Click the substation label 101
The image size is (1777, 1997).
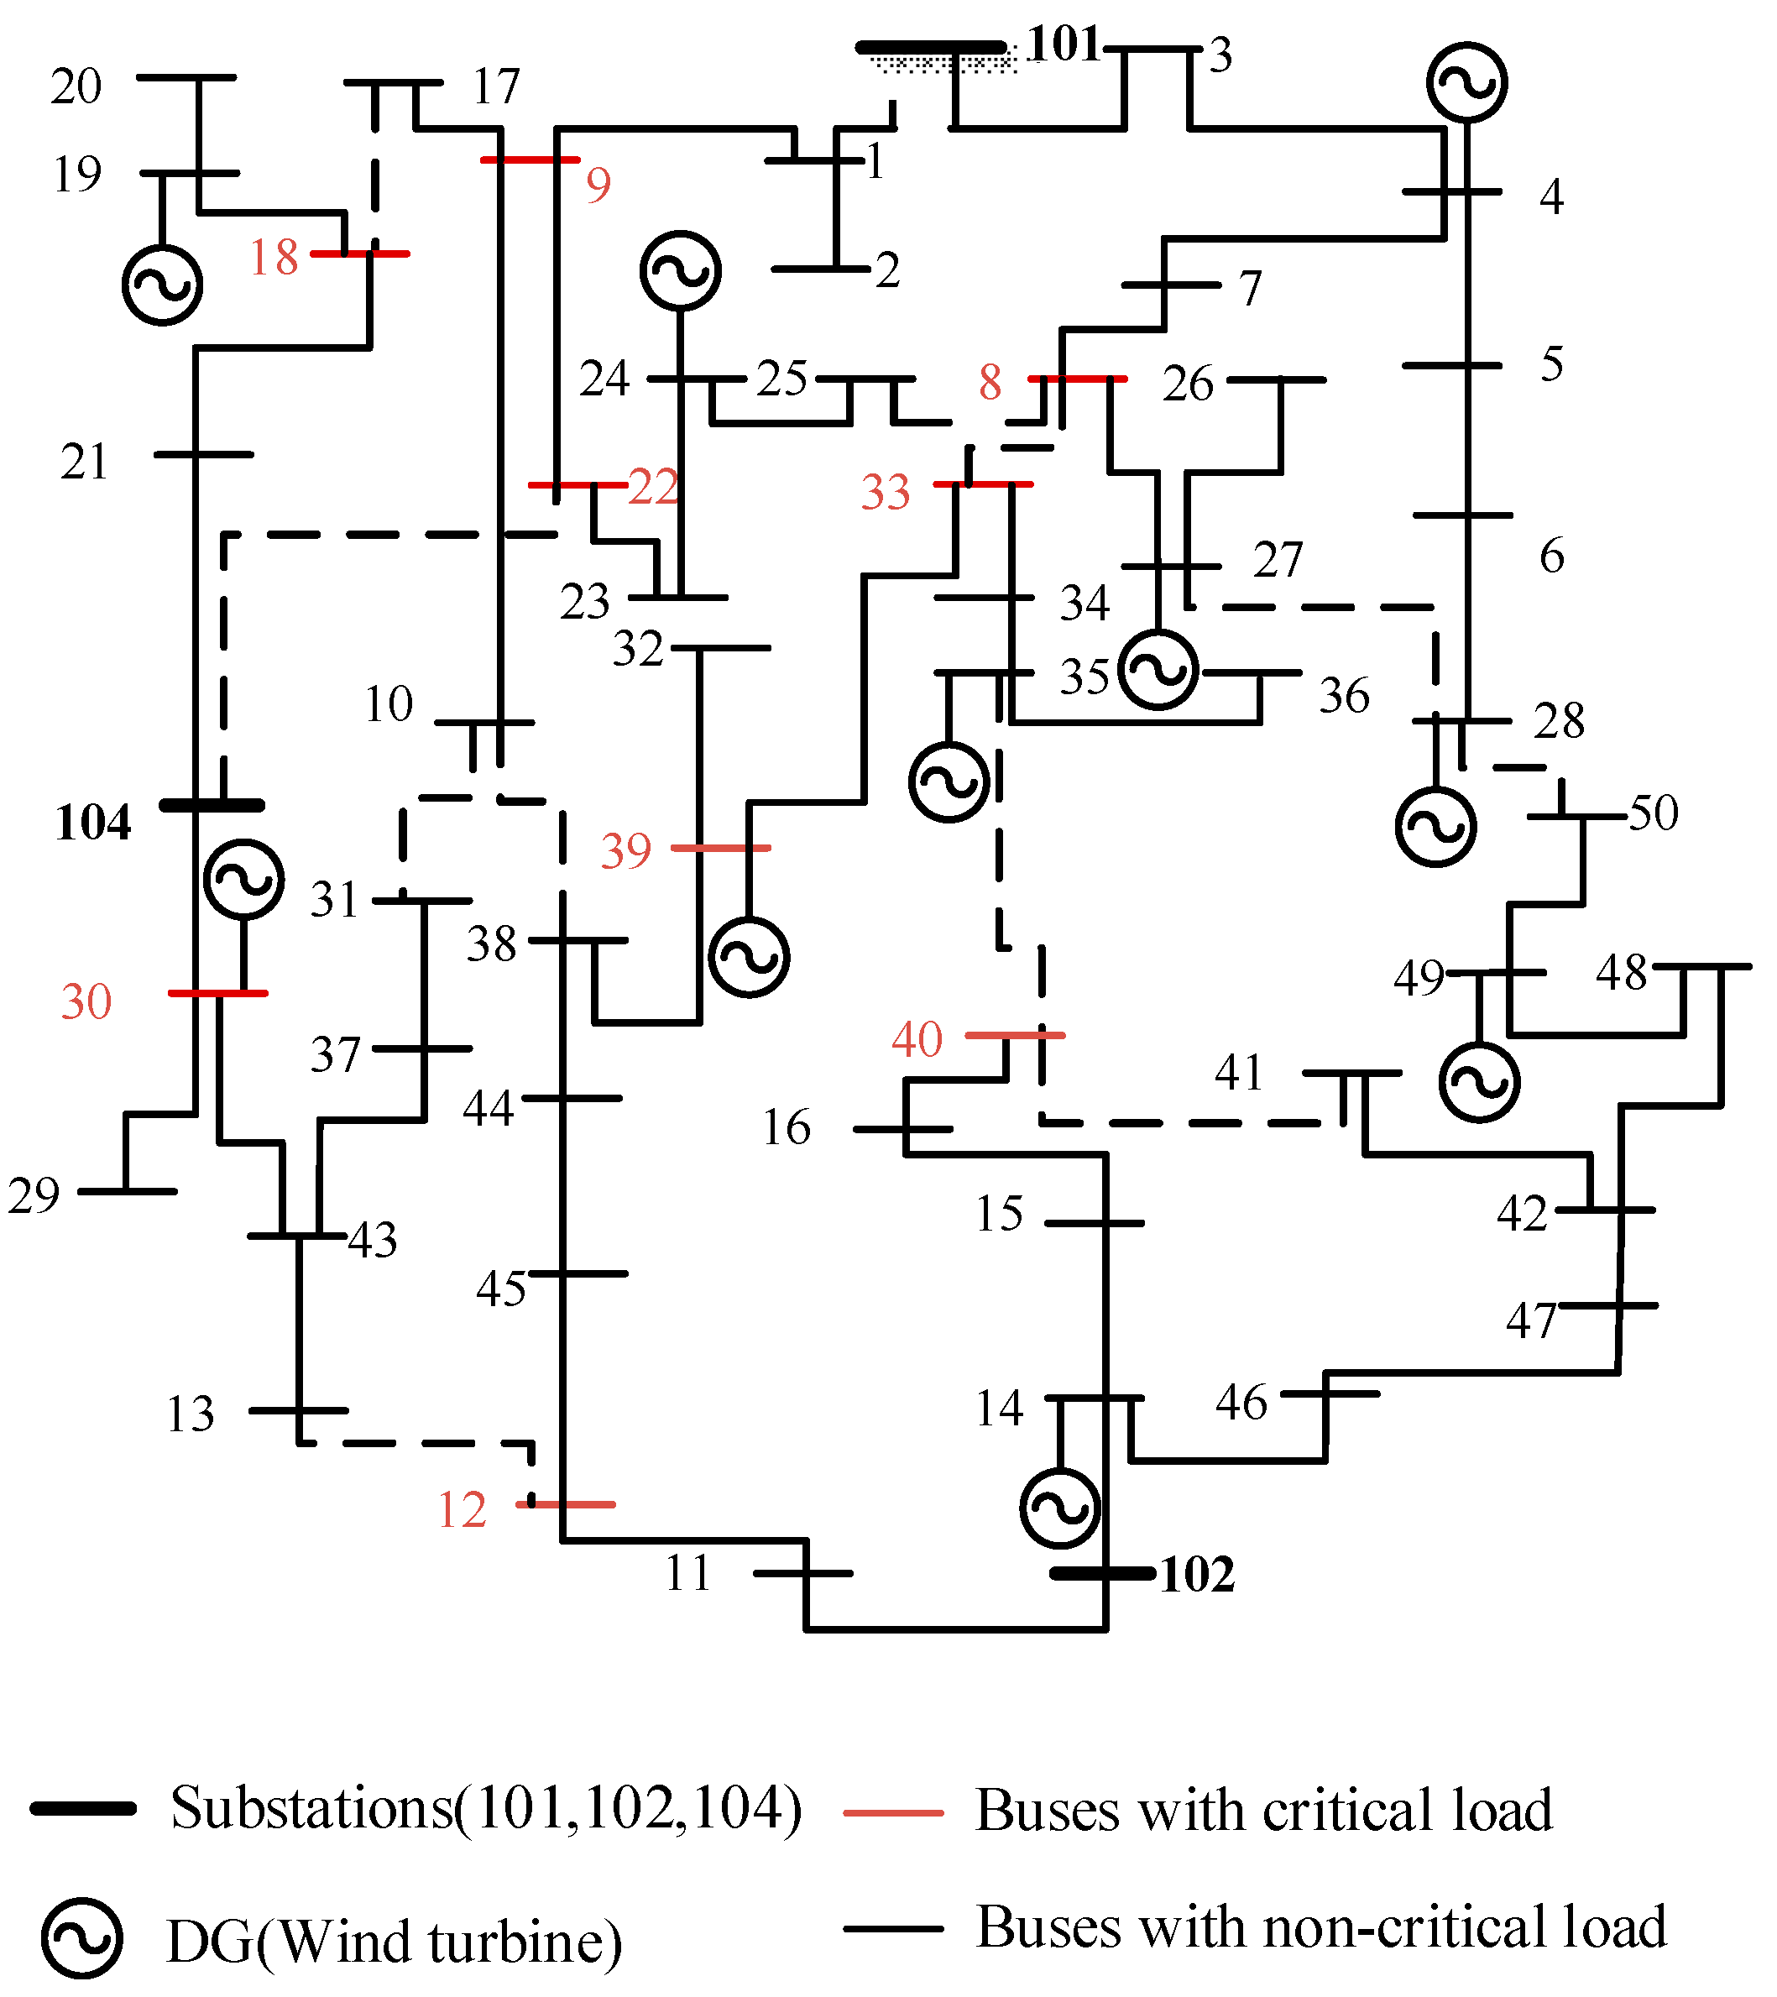point(1064,44)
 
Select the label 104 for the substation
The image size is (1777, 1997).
point(93,823)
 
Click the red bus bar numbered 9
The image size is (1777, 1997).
point(530,159)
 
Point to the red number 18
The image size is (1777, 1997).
point(273,258)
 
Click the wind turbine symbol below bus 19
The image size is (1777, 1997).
point(162,285)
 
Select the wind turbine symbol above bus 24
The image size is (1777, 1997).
point(681,270)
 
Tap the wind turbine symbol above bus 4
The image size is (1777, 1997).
point(1466,83)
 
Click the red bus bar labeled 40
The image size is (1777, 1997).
point(1015,1035)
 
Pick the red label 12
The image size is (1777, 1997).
point(461,1509)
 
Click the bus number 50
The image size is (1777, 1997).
point(1653,813)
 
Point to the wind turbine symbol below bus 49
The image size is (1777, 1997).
point(1479,1083)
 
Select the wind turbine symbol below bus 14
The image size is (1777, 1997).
point(1060,1508)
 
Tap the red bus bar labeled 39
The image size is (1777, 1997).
point(721,848)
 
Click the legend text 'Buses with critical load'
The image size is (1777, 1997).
point(1263,1811)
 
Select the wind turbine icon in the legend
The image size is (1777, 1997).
point(82,1939)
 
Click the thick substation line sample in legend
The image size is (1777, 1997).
point(83,1808)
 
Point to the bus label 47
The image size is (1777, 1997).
point(1531,1321)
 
